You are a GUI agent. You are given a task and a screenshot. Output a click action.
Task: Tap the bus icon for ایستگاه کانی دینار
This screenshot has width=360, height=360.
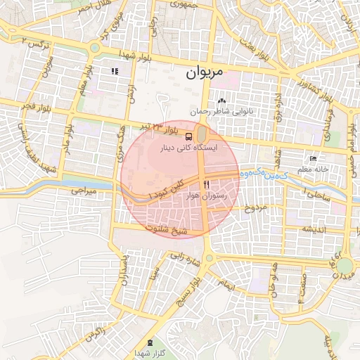click(189, 136)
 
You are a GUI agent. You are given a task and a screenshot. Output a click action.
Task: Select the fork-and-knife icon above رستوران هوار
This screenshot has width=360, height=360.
click(206, 184)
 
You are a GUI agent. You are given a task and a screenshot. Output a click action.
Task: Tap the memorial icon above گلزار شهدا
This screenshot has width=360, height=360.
click(149, 341)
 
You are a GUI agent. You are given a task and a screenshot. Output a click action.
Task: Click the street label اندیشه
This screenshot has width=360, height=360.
click(315, 229)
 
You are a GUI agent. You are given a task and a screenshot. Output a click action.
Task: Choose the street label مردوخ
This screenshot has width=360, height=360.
click(256, 208)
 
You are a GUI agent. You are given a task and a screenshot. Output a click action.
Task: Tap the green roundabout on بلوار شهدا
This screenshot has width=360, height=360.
click(94, 48)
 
